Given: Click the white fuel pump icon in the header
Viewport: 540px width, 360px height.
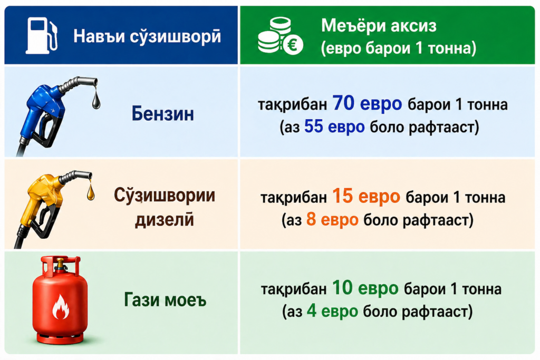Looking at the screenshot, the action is pyautogui.click(x=41, y=36).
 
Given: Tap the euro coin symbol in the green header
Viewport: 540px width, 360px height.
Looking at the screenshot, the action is pyautogui.click(x=293, y=44).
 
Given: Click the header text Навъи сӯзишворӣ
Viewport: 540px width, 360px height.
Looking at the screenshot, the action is pyautogui.click(x=147, y=36).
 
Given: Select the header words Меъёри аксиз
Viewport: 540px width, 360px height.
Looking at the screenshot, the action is pyautogui.click(x=379, y=25).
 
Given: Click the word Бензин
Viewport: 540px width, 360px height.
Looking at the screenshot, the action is pyautogui.click(x=163, y=113).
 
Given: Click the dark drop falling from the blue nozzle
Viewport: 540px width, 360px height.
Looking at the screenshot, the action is pyautogui.click(x=96, y=99).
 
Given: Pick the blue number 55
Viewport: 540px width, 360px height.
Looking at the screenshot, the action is pyautogui.click(x=314, y=127).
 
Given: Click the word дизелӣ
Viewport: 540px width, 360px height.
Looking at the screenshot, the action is pyautogui.click(x=165, y=220).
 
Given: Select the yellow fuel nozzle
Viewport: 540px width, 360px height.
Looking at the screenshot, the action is pyautogui.click(x=48, y=207).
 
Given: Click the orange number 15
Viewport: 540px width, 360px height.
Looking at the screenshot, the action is pyautogui.click(x=343, y=196).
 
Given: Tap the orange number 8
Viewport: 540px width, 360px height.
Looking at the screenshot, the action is pyautogui.click(x=311, y=219).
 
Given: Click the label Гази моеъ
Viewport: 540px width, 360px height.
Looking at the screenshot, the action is pyautogui.click(x=165, y=299).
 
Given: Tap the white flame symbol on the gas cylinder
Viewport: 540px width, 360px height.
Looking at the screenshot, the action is pyautogui.click(x=60, y=306).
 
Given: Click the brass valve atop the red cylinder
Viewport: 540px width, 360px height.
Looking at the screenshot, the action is pyautogui.click(x=60, y=264).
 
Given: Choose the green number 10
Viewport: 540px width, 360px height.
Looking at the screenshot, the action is pyautogui.click(x=342, y=288).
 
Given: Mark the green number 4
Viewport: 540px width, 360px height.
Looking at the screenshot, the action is pyautogui.click(x=311, y=311).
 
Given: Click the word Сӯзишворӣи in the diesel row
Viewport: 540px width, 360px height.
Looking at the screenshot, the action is pyautogui.click(x=165, y=196).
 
